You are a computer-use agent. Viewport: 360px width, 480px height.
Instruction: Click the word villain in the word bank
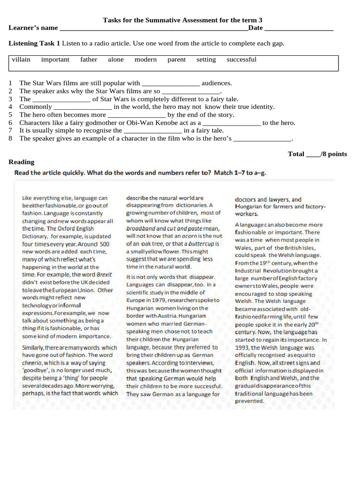pyautogui.click(x=21, y=60)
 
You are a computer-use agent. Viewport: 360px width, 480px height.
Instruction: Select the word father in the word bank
pyautogui.click(x=89, y=60)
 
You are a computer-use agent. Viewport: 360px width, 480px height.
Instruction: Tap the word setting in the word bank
pyautogui.click(x=206, y=60)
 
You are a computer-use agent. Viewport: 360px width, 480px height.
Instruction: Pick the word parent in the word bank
pyautogui.click(x=177, y=60)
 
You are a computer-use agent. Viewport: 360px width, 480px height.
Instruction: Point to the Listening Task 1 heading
pyautogui.click(x=34, y=43)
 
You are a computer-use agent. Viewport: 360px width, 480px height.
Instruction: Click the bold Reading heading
pyautogui.click(x=22, y=162)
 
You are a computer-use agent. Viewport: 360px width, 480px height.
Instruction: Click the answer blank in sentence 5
pyautogui.click(x=136, y=115)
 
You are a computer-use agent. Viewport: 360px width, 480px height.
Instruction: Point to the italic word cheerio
pyautogui.click(x=32, y=363)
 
